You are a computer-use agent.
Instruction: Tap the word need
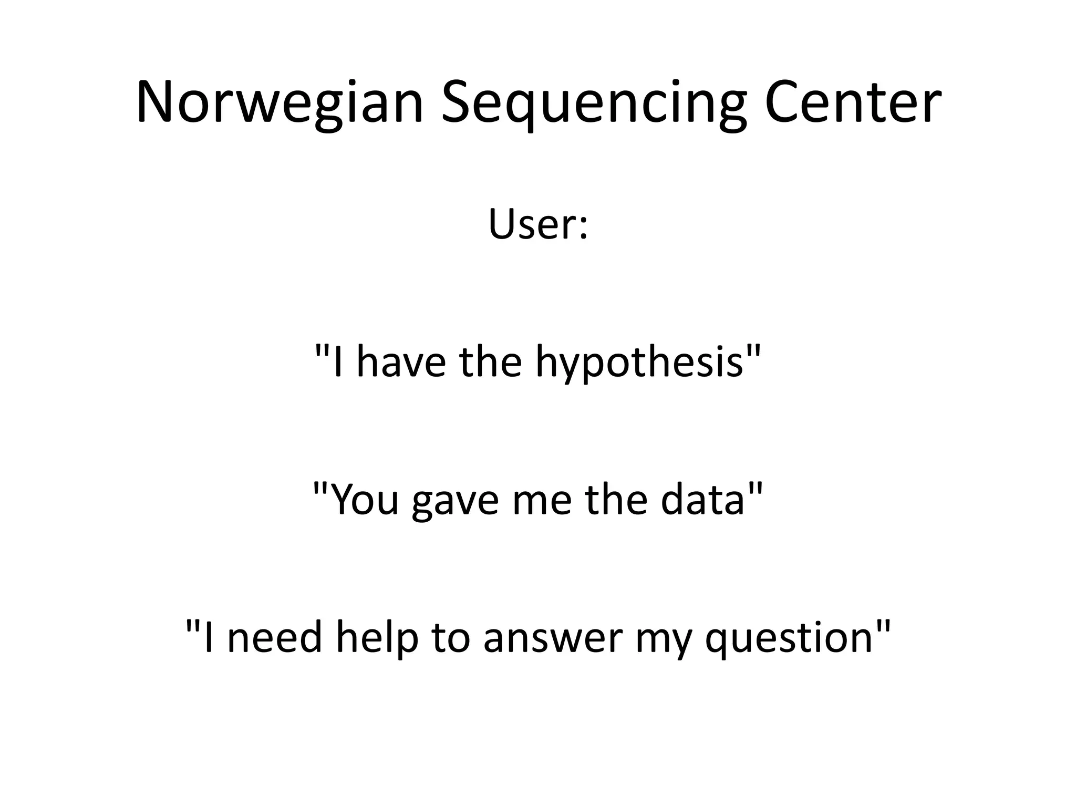point(274,637)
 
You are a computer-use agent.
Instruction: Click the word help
point(377,637)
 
